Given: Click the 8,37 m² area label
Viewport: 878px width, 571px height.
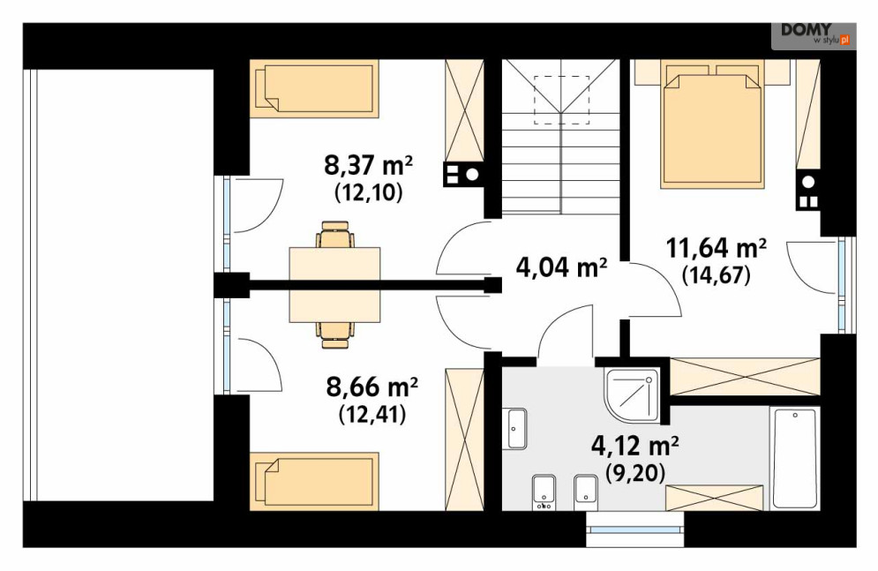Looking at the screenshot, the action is tap(368, 166).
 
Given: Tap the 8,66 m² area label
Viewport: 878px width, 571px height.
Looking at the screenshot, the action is tap(371, 387).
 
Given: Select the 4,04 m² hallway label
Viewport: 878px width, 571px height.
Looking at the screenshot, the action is tap(561, 267).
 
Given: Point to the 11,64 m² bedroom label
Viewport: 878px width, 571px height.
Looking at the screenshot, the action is tap(717, 248).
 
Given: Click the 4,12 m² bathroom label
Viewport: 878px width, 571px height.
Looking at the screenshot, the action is tap(635, 447).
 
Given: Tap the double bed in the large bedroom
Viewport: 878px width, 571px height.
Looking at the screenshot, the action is tap(712, 124).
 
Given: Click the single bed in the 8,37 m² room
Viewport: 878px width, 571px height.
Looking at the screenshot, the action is tap(314, 88).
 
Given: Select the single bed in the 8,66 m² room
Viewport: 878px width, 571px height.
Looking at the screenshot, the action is tap(314, 481).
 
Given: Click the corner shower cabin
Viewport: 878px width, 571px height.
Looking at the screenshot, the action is tap(631, 394).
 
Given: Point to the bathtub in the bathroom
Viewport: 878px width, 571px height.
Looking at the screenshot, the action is tap(794, 458).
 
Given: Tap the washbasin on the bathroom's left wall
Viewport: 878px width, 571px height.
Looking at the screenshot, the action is tap(517, 429).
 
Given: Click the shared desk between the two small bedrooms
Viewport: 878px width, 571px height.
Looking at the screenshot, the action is tap(334, 285).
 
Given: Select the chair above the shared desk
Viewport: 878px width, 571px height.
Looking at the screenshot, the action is tap(334, 234).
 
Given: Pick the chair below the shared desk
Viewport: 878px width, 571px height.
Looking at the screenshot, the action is tap(334, 334).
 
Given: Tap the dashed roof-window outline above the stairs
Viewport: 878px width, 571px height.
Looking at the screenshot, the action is tap(561, 100).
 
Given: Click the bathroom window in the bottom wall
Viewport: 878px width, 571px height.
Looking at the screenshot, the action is tap(635, 530).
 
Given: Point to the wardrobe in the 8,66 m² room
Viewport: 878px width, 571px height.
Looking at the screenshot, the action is tap(464, 440).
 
